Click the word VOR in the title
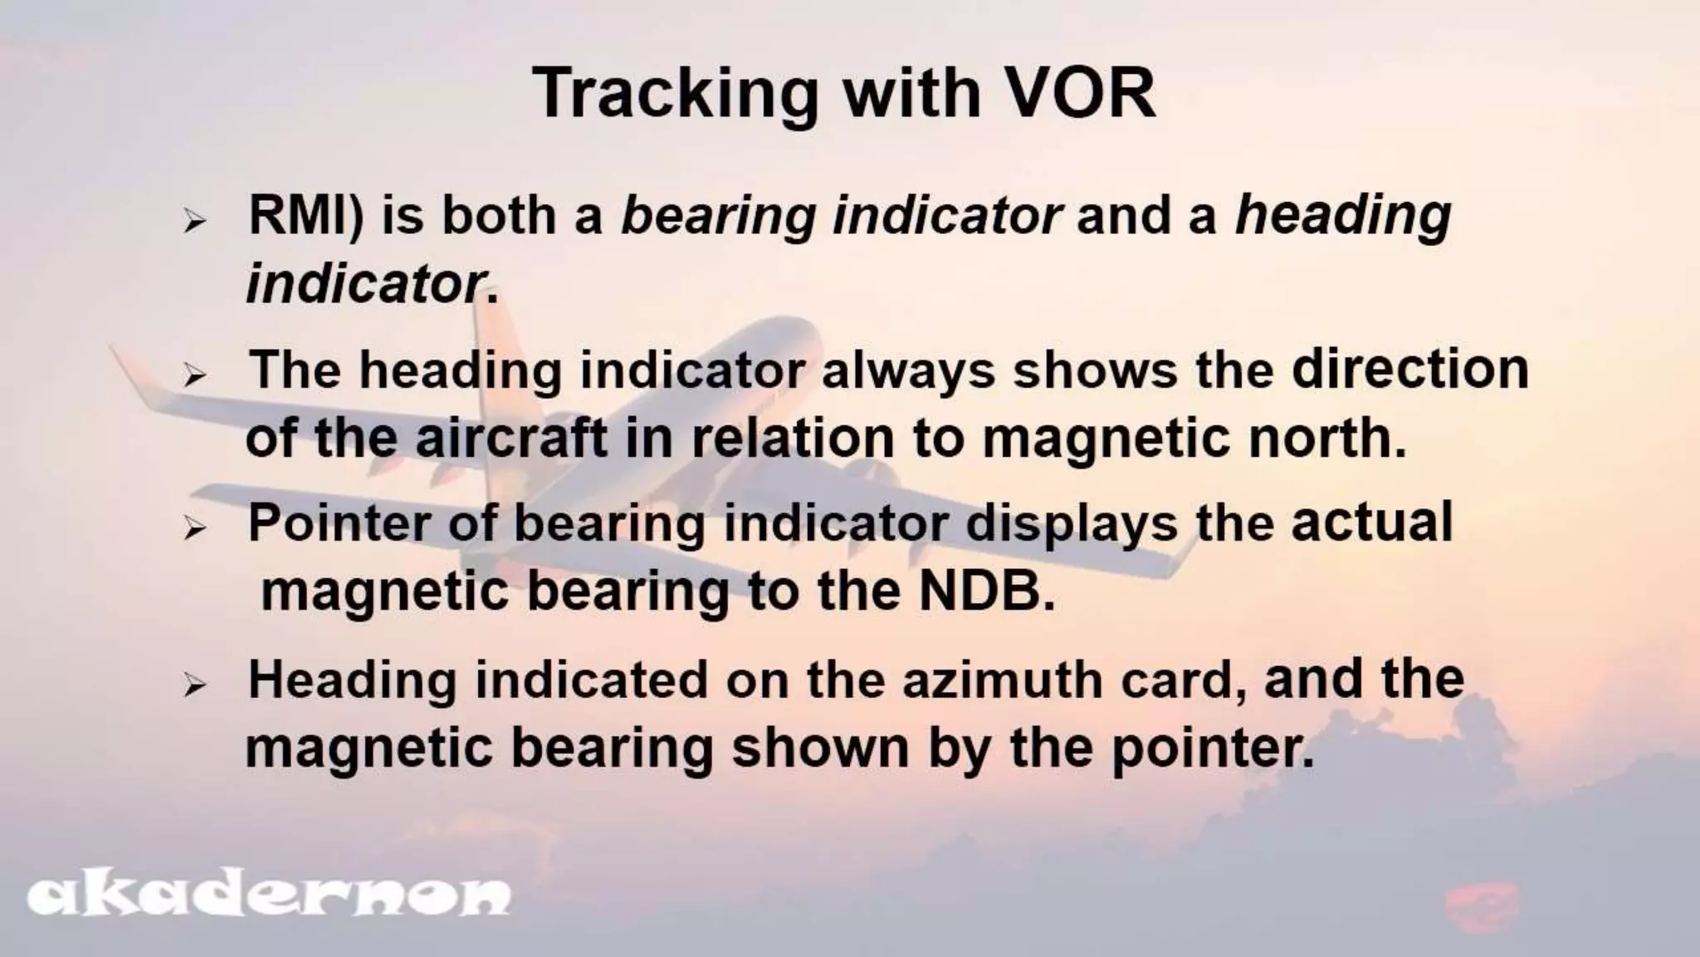(1079, 93)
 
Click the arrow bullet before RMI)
(194, 222)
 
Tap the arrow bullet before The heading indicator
(194, 375)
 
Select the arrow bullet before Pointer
(194, 528)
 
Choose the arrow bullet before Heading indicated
(194, 685)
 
